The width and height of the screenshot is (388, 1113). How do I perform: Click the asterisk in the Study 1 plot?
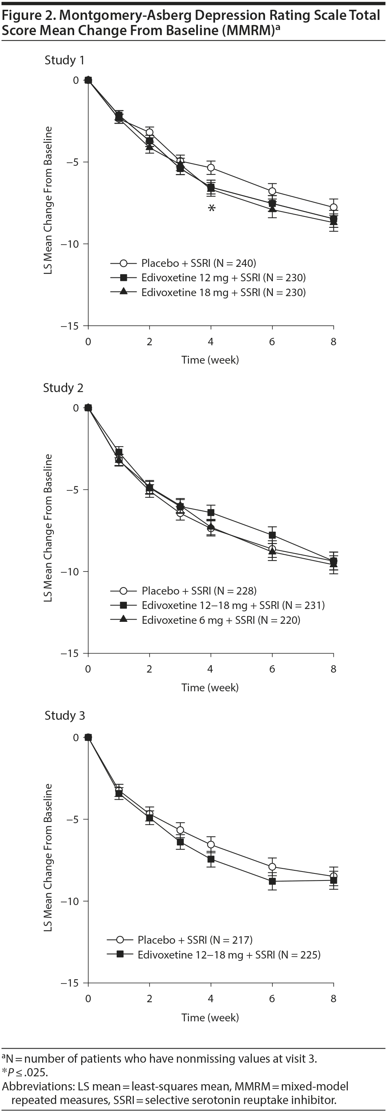[x=211, y=208]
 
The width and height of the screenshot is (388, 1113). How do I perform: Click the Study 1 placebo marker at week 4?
[x=211, y=168]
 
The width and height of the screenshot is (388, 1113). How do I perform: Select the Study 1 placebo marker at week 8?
[x=333, y=208]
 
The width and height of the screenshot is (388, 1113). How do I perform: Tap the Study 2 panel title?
[x=63, y=388]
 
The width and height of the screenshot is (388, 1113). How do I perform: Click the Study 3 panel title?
[x=65, y=715]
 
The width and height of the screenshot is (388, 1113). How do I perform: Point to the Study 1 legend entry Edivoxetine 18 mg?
[x=223, y=293]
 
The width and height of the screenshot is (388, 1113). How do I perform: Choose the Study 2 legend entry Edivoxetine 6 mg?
[x=221, y=620]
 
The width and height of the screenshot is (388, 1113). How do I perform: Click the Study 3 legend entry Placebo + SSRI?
[x=195, y=940]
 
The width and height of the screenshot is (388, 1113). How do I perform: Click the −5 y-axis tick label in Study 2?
[x=73, y=490]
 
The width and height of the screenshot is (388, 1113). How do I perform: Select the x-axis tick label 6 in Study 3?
[x=272, y=999]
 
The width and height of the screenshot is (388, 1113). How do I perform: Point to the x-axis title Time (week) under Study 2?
[x=210, y=687]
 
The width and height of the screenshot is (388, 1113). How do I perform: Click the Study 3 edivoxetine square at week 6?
[x=272, y=881]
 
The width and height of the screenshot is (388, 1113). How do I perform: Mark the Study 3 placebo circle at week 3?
[x=180, y=830]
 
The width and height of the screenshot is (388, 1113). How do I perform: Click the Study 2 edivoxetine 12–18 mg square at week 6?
[x=272, y=535]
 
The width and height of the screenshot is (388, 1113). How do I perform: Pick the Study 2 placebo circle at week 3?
[x=180, y=513]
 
